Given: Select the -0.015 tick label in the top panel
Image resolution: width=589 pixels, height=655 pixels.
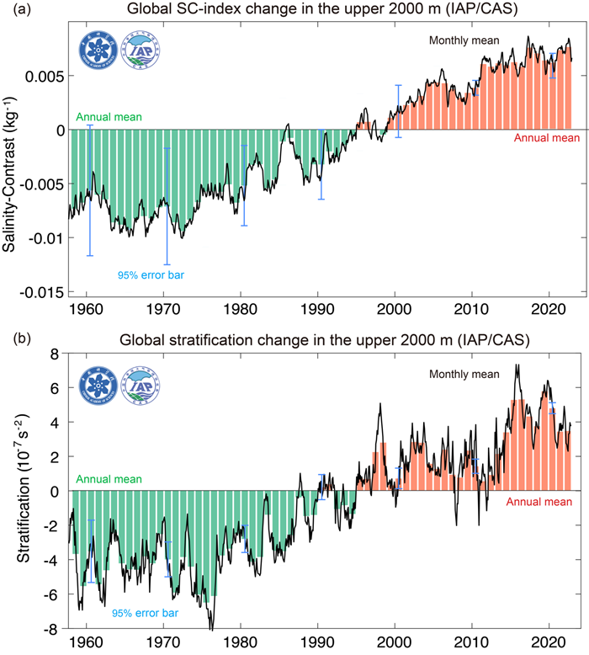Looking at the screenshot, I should tap(40, 291).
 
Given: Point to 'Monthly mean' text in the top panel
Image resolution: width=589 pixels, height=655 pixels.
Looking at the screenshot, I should tap(464, 40).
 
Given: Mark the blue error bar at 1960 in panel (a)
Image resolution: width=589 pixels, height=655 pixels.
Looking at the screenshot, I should tap(89, 190).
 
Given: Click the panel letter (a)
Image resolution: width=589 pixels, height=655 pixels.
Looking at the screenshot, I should tap(19, 10).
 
